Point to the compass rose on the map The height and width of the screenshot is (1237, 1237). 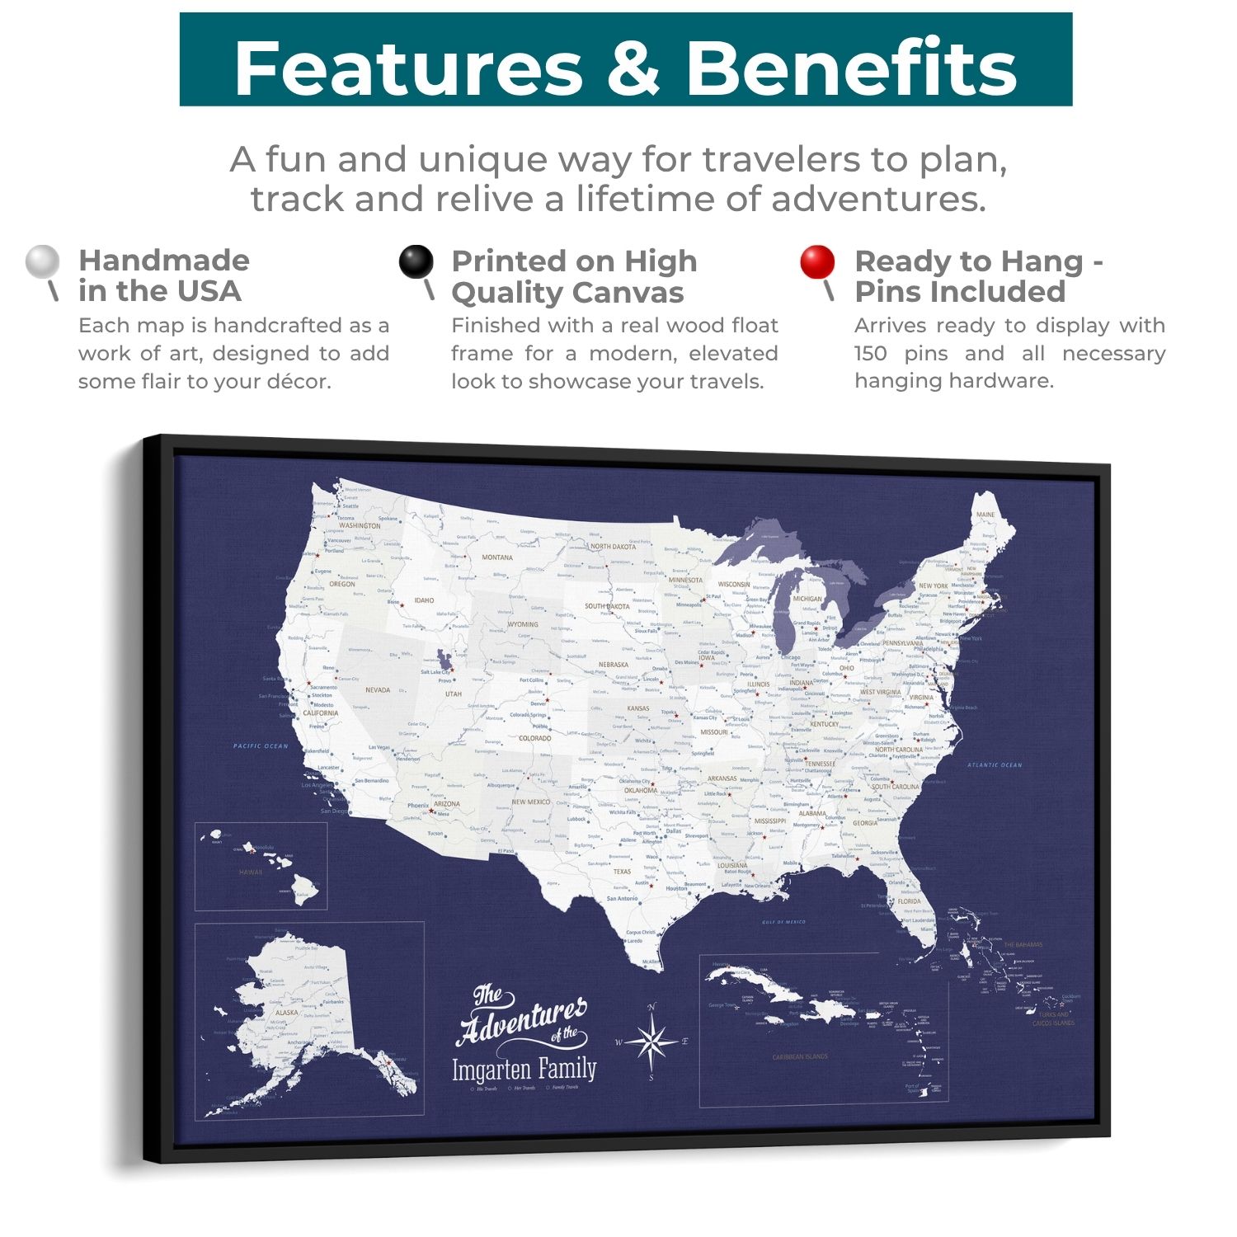click(652, 1042)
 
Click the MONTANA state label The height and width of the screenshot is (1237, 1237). click(497, 557)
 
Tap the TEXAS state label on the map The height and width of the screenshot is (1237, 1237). click(622, 871)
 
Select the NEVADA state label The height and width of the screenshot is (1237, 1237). click(378, 690)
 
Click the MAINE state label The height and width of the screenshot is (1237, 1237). click(985, 515)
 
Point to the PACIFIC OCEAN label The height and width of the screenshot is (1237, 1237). click(261, 746)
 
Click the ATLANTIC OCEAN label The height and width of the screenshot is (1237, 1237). click(995, 765)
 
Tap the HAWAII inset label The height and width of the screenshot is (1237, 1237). click(251, 872)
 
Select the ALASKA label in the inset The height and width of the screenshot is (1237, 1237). click(287, 1013)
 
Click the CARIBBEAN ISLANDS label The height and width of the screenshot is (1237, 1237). click(799, 1056)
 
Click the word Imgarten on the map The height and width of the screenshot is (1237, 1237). click(491, 1070)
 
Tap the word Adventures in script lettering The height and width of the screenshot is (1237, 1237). click(521, 1019)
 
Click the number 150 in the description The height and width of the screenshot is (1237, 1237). click(870, 354)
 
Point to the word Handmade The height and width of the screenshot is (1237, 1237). click(164, 261)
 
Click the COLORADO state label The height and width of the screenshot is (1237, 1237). click(534, 739)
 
